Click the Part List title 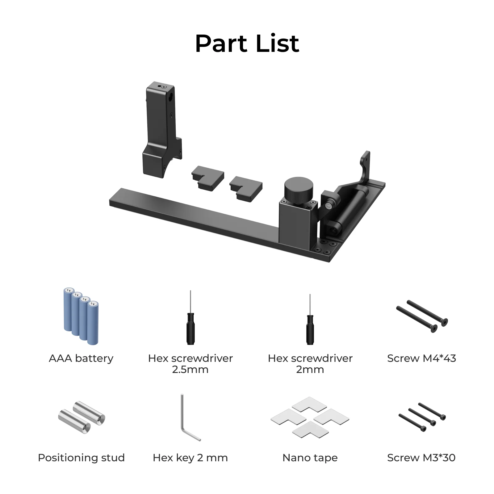pos(247,43)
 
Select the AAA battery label pos(81,358)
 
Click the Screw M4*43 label pos(421,358)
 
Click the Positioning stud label pos(81,458)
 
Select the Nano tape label pos(310,458)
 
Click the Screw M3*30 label pos(421,458)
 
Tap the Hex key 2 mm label pos(190,458)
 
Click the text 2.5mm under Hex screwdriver pos(190,370)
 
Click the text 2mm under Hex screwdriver pos(310,370)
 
